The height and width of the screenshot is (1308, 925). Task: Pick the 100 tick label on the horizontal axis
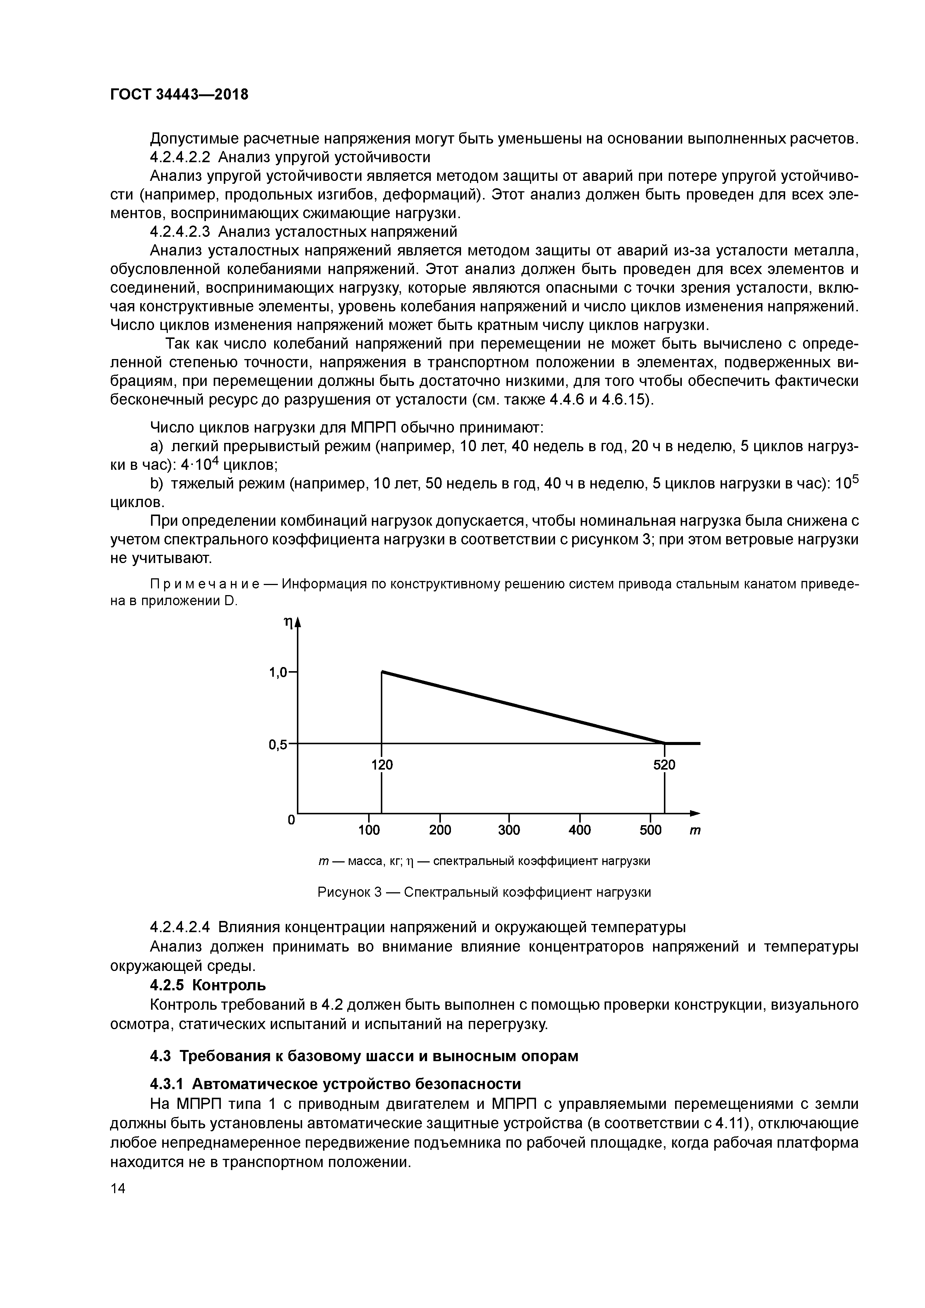pyautogui.click(x=369, y=830)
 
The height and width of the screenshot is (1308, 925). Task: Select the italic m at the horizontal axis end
pyautogui.click(x=695, y=831)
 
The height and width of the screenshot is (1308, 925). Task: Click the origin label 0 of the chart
pyautogui.click(x=291, y=820)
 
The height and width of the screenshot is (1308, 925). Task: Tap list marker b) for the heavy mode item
pyautogui.click(x=156, y=484)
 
